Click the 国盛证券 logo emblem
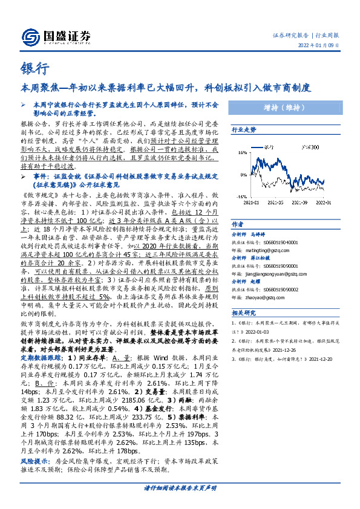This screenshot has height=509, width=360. pyautogui.click(x=30, y=36)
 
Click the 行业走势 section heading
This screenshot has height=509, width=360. pyautogui.click(x=244, y=130)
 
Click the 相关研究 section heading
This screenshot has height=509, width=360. pyautogui.click(x=244, y=313)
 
